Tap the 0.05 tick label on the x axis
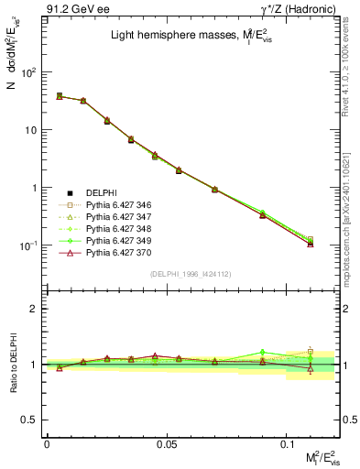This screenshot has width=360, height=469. [167, 443]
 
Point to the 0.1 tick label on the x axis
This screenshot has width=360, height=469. [287, 443]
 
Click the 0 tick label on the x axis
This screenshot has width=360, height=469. [47, 443]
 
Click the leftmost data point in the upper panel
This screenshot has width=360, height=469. [60, 95]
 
